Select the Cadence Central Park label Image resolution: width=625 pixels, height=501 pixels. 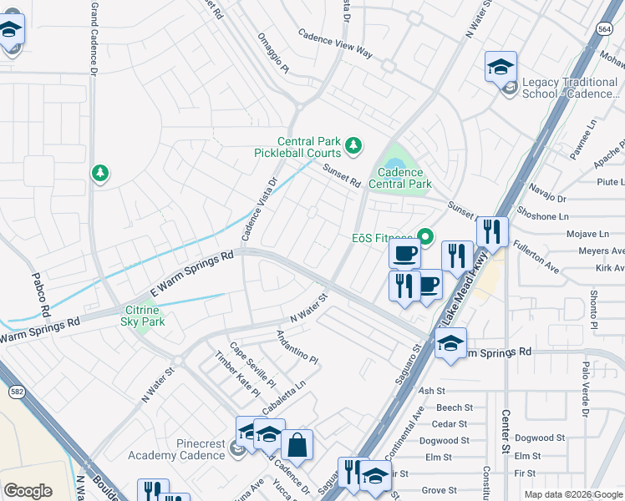[x=399, y=178]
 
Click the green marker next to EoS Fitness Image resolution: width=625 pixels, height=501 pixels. [x=425, y=238]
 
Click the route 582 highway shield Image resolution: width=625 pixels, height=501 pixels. [x=17, y=390]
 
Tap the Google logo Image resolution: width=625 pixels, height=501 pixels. [x=28, y=491]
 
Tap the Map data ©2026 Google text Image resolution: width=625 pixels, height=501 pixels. [x=572, y=494]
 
